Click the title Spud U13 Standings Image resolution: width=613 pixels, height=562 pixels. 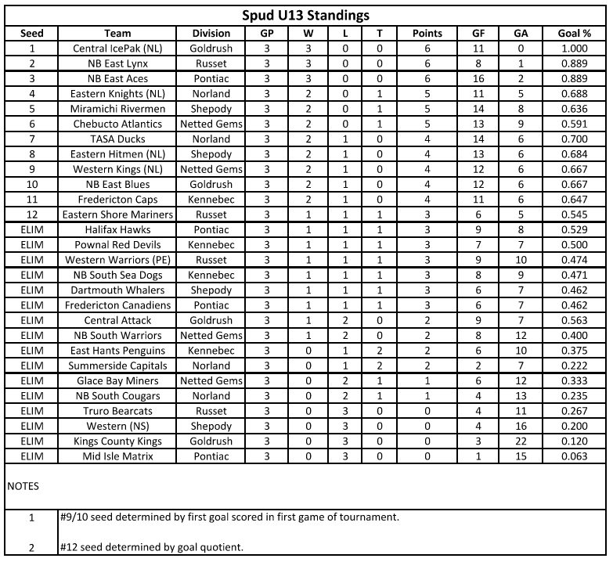[x=306, y=16]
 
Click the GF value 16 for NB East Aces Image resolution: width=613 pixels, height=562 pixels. [x=478, y=79]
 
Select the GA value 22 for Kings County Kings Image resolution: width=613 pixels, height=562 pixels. [x=520, y=441]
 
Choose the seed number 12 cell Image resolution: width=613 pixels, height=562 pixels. [x=32, y=214]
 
